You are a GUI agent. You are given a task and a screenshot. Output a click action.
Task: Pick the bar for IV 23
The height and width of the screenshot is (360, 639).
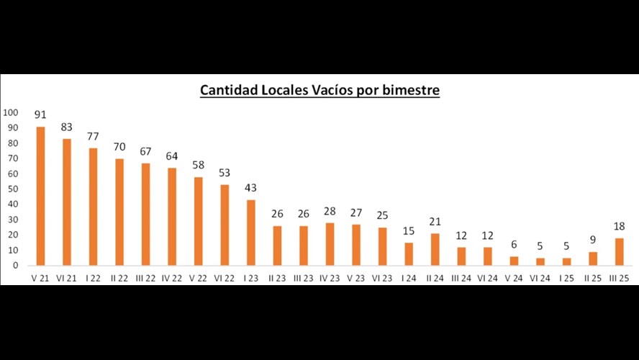coord(330,244)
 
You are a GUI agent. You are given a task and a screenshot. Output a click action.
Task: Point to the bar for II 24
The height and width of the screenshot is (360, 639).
coord(435,249)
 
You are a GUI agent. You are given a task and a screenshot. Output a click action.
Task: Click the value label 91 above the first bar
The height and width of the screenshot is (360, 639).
coord(40,114)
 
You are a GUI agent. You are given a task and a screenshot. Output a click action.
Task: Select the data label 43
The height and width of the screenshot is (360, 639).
coord(250,187)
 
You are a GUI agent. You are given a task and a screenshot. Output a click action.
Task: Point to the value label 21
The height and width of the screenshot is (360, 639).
coord(435,222)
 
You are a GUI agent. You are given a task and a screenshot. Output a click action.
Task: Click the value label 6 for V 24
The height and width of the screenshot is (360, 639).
coord(515,245)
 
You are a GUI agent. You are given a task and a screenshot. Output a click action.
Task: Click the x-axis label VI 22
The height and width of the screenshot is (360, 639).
coord(224,278)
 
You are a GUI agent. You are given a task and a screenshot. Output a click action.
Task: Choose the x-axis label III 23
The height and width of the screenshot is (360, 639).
coord(303,278)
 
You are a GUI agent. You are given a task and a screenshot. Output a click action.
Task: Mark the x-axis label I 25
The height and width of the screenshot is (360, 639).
coord(567,278)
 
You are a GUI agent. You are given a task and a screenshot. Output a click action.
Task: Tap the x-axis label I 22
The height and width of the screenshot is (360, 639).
coord(93,278)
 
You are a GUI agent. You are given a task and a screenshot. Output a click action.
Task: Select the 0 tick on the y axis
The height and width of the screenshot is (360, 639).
coord(14,265)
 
